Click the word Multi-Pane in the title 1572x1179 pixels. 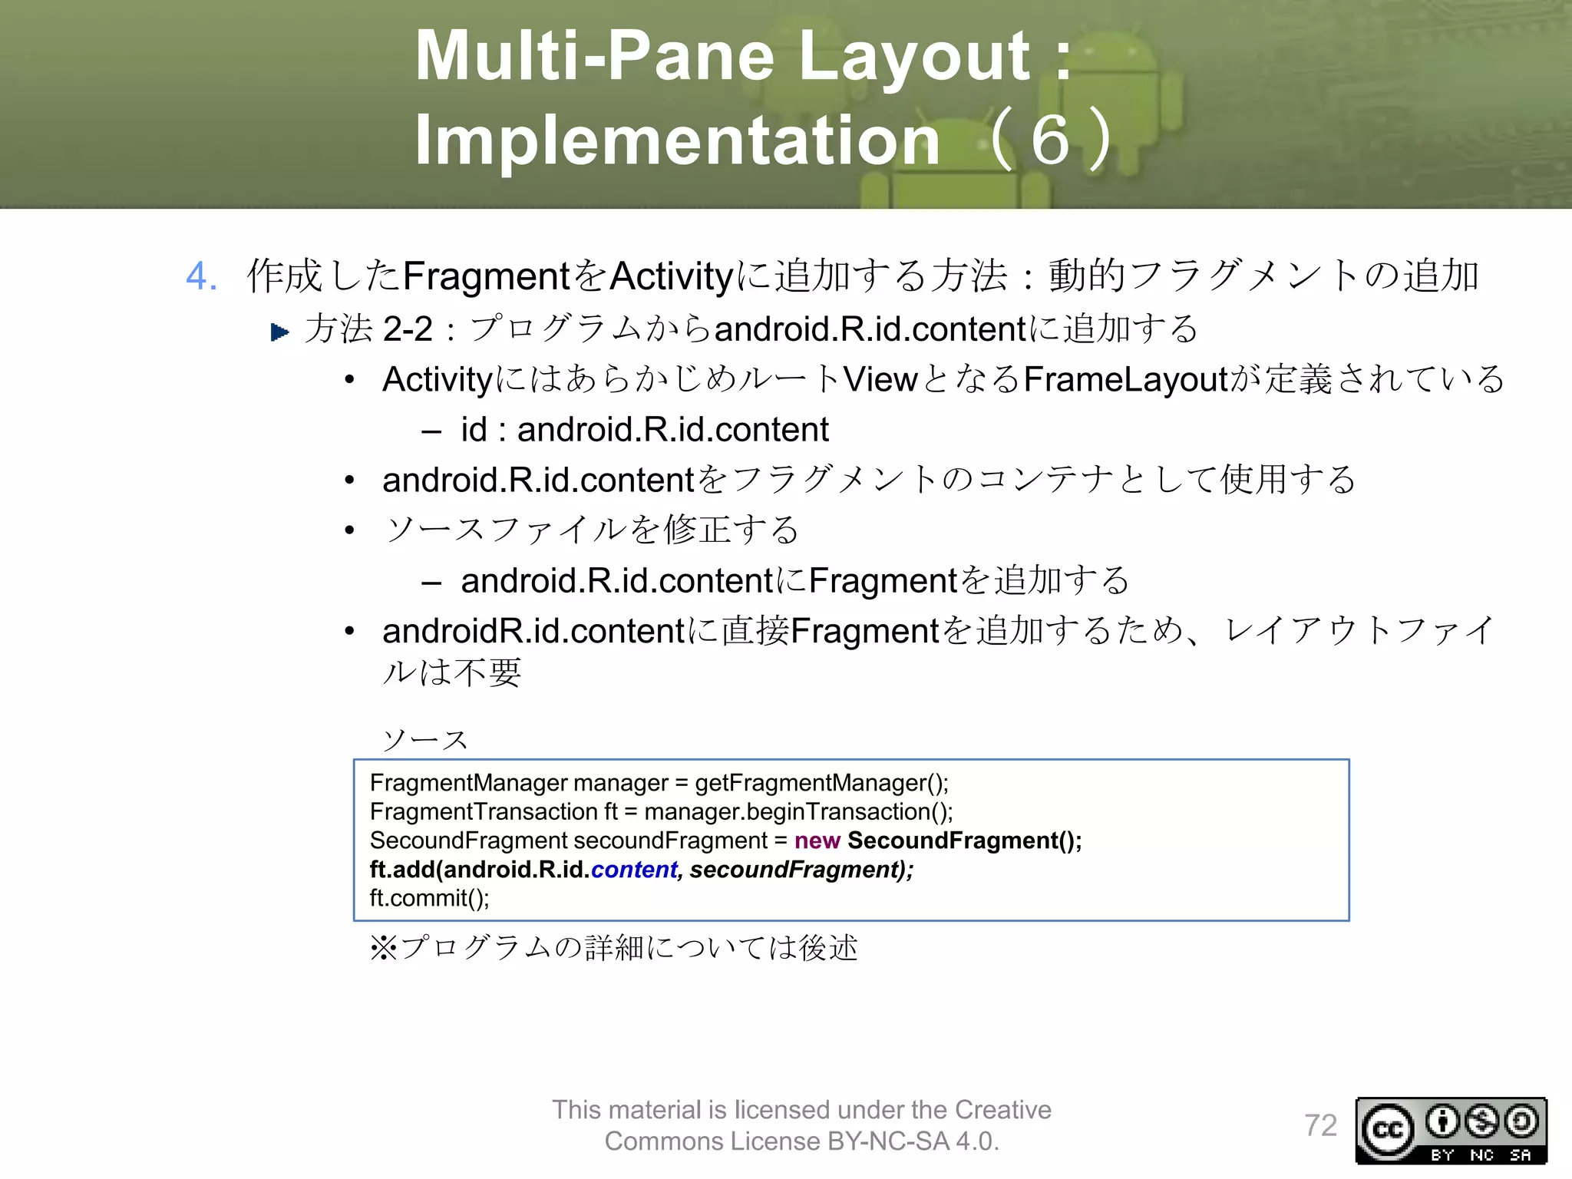coord(595,55)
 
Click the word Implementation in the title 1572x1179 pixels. coord(677,140)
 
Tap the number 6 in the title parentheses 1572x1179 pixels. coord(1050,140)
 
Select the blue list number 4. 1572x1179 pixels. coord(201,276)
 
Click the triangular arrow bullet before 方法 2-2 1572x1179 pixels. coord(280,332)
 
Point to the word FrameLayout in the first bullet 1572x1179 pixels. coord(1126,379)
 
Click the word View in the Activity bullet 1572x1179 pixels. coord(880,379)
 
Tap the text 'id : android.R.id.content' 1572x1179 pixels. coord(644,429)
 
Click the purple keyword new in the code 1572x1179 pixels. coord(817,840)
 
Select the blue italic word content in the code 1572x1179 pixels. coord(634,870)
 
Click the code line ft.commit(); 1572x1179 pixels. coord(429,898)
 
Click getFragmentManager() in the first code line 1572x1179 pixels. coord(821,783)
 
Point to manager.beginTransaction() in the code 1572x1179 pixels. coord(798,812)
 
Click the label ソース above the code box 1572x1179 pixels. coord(425,740)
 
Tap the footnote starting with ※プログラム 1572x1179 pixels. coord(613,948)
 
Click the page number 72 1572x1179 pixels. coord(1320,1125)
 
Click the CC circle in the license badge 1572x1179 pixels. coord(1387,1130)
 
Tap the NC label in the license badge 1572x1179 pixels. coord(1481,1155)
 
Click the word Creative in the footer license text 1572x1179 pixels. coord(1002,1110)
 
